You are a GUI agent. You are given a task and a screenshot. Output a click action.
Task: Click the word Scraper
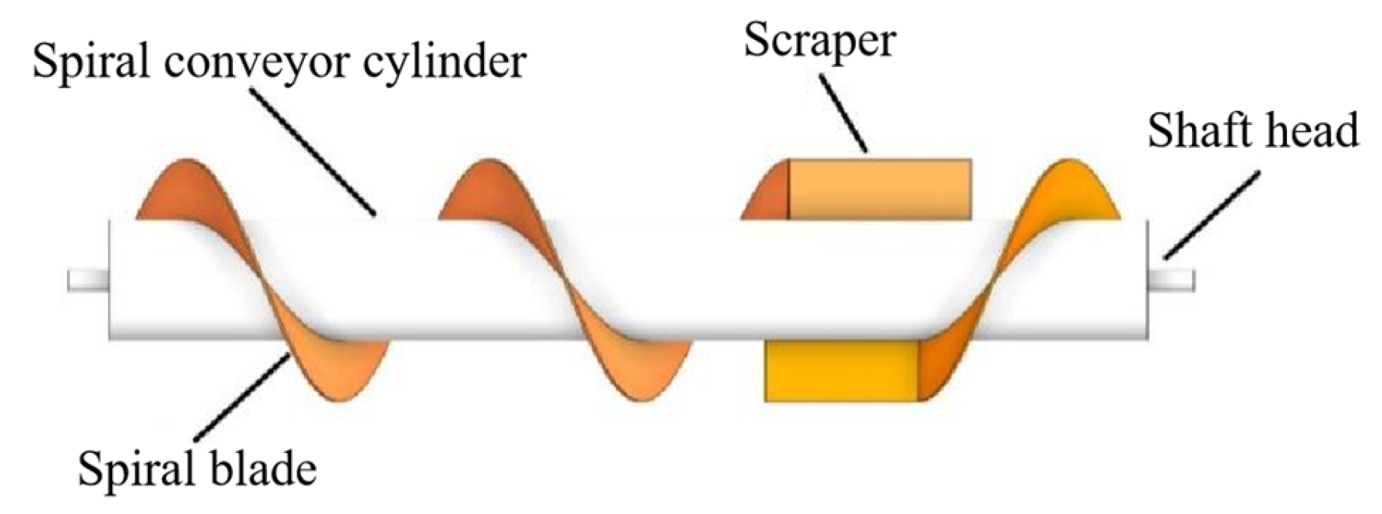(x=820, y=41)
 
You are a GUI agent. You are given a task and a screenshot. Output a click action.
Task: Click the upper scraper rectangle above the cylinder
(x=879, y=189)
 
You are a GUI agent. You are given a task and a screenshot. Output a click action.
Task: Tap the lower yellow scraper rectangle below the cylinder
(x=841, y=371)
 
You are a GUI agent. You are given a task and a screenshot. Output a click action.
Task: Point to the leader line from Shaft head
(x=1210, y=216)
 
